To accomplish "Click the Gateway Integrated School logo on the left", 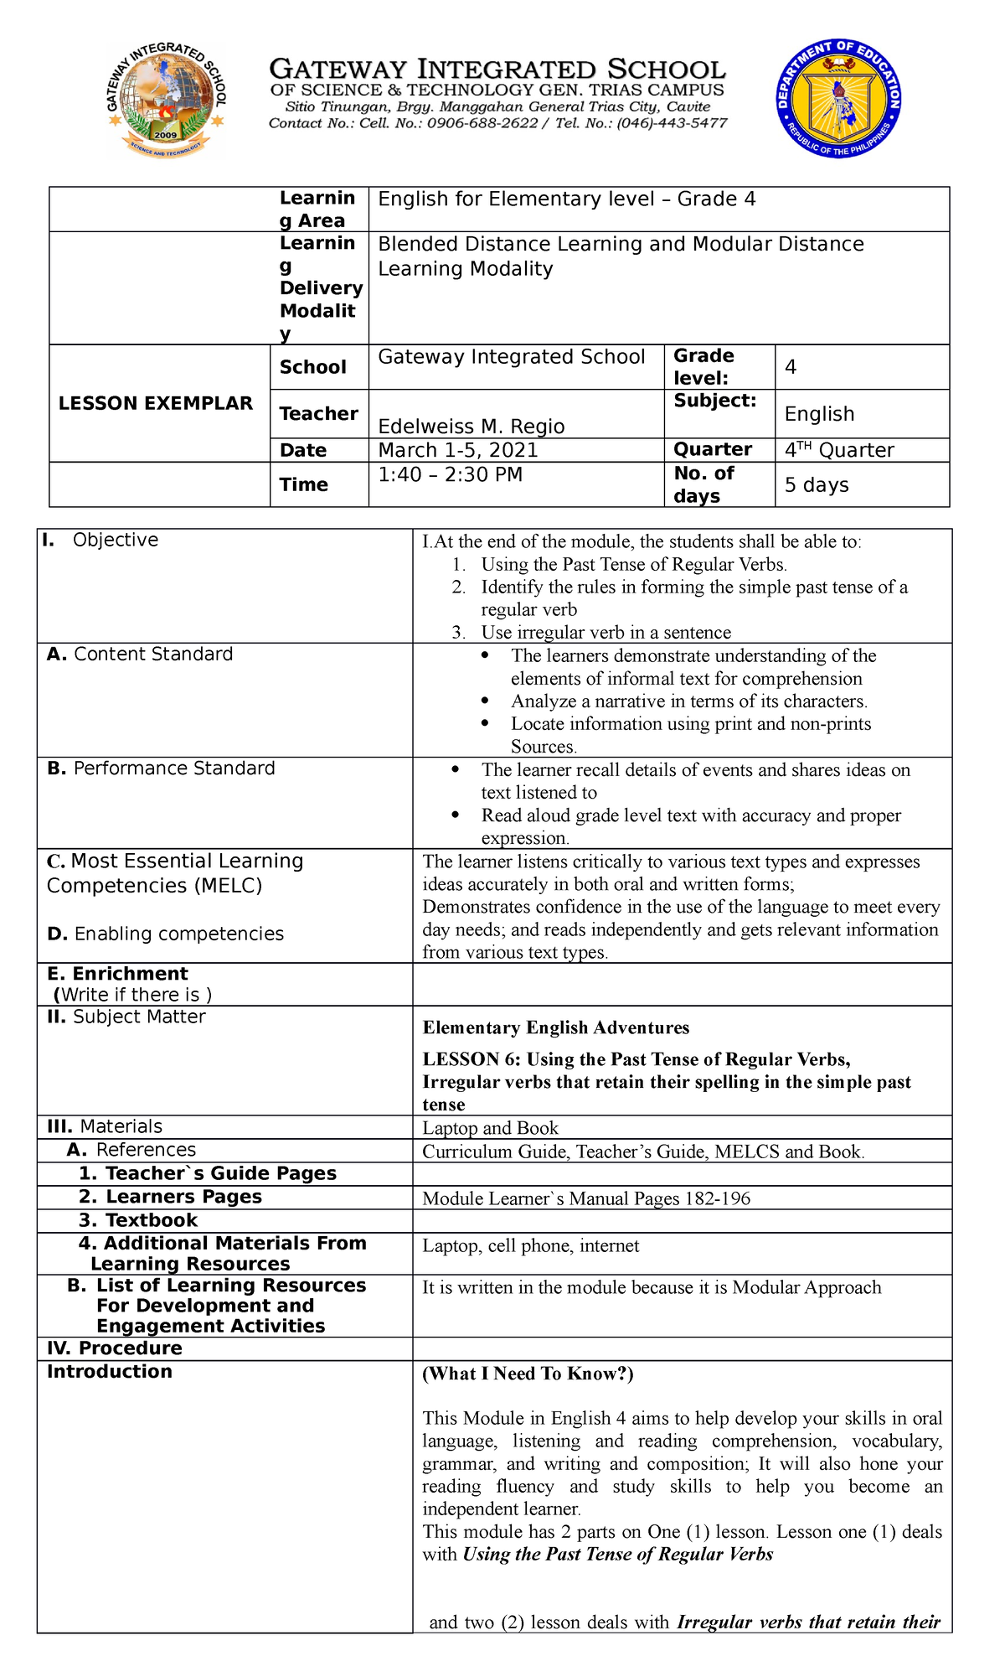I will tap(166, 100).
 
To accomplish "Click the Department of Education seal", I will tap(838, 99).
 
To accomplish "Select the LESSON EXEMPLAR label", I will tap(156, 403).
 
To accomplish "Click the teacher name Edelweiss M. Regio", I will tap(472, 427).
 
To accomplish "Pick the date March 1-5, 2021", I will tap(458, 450).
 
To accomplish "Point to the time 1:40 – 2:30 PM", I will tap(451, 475).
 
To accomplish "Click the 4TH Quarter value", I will tap(839, 450).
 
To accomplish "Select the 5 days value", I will tap(817, 485).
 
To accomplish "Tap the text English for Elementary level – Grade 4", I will tap(567, 199).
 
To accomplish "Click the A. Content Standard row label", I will tap(140, 655).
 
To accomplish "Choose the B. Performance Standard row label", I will tap(161, 768).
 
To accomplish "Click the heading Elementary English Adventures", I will tap(556, 1028).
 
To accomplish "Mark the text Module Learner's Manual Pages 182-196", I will tap(586, 1198).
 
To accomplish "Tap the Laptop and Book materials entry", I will tap(490, 1128).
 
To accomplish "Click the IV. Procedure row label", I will tap(114, 1348).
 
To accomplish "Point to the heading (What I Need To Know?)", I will tap(528, 1374).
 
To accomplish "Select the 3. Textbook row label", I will tap(138, 1220).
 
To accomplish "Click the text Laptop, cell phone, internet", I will tap(530, 1246).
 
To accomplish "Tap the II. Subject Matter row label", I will tap(126, 1017).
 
